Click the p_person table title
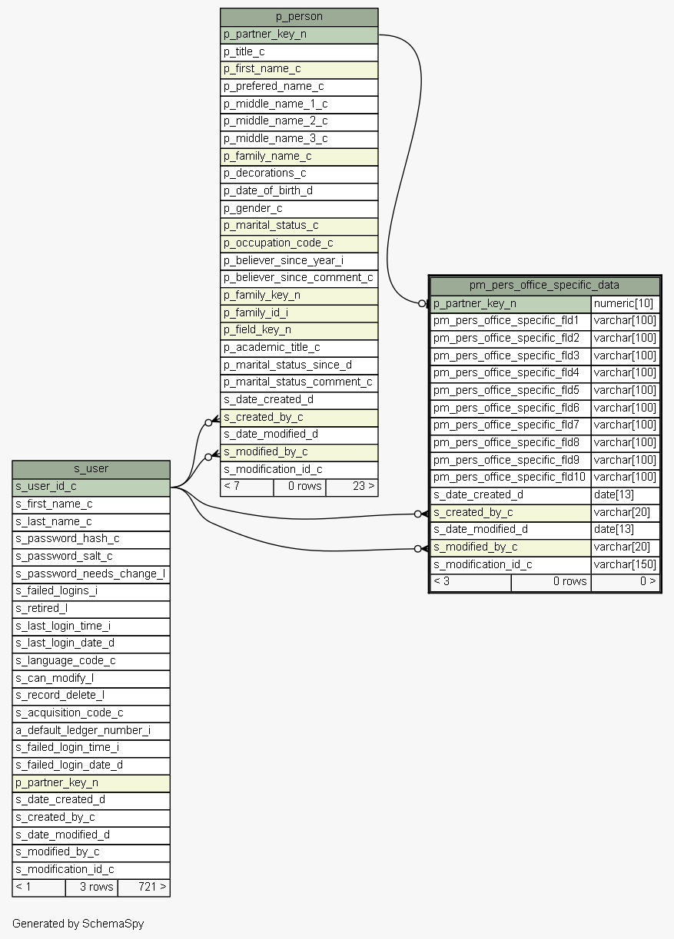coord(299,17)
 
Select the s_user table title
coord(91,468)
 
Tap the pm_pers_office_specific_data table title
coord(544,286)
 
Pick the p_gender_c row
coord(299,209)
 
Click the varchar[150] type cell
coord(625,564)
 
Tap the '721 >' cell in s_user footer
coord(144,887)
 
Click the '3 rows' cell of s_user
coord(91,887)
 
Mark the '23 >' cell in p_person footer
coord(352,487)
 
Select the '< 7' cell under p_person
coord(247,487)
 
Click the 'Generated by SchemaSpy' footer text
coord(78,924)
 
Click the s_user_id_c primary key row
coord(91,487)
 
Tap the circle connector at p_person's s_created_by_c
coord(208,422)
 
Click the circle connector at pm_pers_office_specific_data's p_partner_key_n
coord(422,303)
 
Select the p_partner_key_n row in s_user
coord(91,783)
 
